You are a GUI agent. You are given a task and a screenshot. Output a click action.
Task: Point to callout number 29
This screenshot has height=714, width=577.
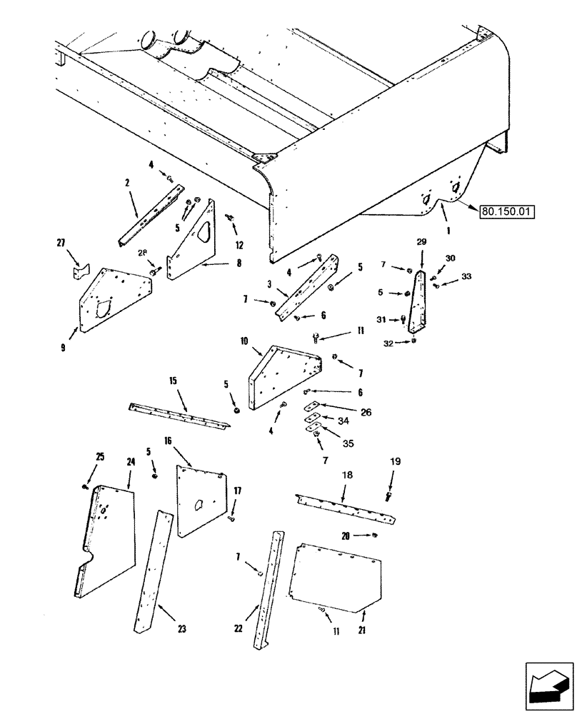tap(421, 243)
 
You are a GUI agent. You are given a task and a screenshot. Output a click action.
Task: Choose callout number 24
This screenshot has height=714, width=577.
tap(131, 462)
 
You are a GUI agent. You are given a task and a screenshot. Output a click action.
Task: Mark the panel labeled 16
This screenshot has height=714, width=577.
tap(200, 500)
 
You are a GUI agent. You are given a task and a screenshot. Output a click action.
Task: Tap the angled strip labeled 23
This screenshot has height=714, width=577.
tap(154, 571)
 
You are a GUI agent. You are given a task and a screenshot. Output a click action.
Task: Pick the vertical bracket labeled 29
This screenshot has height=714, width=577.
tap(417, 303)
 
